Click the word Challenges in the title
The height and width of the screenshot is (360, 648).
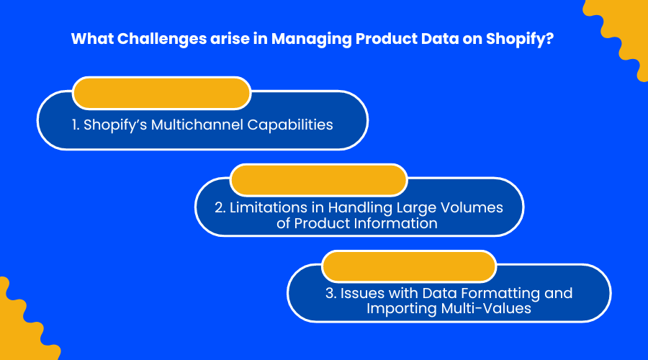[x=162, y=40]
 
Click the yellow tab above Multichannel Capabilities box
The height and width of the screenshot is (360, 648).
[x=161, y=93]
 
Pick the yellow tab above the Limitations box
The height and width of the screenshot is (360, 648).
[x=319, y=180]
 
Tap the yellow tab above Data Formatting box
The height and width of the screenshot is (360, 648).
[x=409, y=266]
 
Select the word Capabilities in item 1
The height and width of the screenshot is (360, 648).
[x=290, y=125]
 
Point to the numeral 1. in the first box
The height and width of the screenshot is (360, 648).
[x=76, y=125]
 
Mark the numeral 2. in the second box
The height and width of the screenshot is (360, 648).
[x=220, y=207]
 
